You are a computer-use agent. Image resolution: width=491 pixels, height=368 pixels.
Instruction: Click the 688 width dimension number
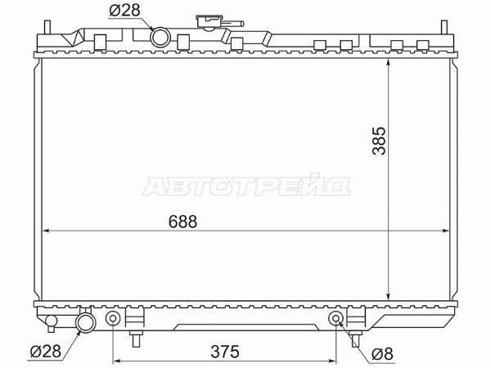coord(182,222)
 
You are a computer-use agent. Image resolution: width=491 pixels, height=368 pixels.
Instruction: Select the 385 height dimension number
coord(379,141)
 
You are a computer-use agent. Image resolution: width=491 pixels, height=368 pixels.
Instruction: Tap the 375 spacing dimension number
coord(225,352)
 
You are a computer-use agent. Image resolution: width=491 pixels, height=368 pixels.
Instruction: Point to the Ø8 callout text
coord(382,354)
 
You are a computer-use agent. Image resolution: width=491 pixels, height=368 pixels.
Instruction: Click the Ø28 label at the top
coord(124,11)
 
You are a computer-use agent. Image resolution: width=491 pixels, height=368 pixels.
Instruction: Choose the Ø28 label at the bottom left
coord(45,351)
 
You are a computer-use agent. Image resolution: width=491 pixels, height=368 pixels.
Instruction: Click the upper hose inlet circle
coord(160,38)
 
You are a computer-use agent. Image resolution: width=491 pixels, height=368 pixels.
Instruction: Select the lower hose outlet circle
coord(85,323)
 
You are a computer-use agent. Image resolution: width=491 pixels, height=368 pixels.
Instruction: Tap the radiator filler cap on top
coord(209,22)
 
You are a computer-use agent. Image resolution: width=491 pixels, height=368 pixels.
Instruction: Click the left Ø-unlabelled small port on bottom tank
coord(113,319)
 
